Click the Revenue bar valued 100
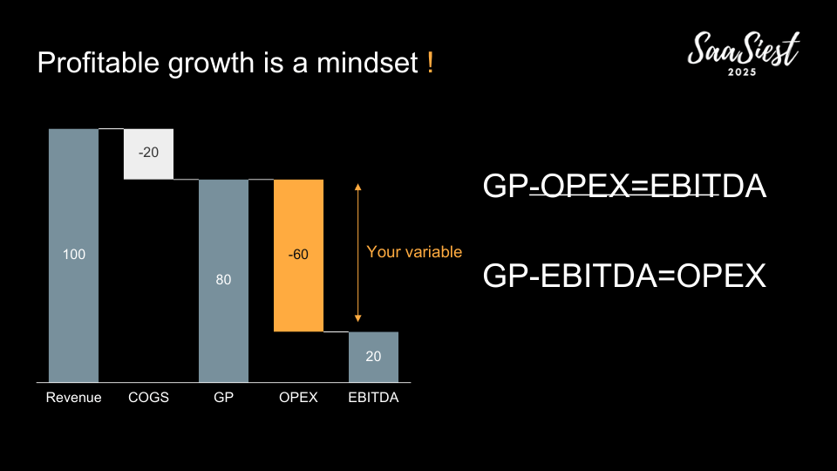tap(73, 256)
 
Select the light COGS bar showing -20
tap(148, 154)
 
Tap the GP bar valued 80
tap(224, 281)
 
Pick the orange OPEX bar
tap(298, 256)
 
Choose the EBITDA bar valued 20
tap(374, 357)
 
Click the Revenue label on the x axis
tap(73, 398)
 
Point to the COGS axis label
tap(148, 398)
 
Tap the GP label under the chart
tap(224, 398)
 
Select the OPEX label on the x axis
tap(298, 398)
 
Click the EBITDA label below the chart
tap(374, 398)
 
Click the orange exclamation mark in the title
tap(430, 63)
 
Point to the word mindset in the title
tap(367, 63)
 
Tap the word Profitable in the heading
tap(99, 63)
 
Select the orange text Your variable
tap(414, 252)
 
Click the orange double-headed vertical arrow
tap(358, 253)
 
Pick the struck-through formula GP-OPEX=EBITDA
tap(624, 186)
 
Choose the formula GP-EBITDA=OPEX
tap(624, 276)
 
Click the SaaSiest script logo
tap(743, 49)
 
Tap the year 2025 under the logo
tap(743, 72)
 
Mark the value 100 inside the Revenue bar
tap(73, 254)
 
